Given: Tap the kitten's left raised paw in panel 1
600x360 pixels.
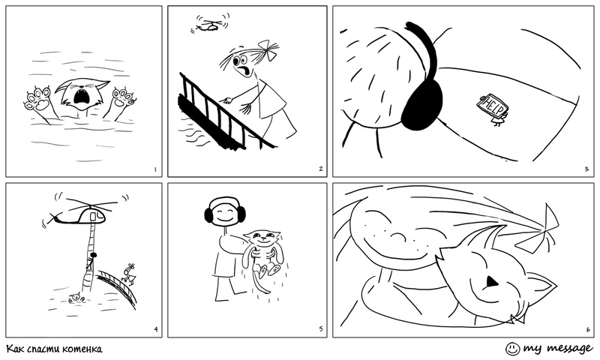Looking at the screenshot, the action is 38,100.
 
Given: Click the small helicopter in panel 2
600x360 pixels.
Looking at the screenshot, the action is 210,24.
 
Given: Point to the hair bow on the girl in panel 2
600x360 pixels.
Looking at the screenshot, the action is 270,49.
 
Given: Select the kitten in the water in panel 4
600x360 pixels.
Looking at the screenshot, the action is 76,298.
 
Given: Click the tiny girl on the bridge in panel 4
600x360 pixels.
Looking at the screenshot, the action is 129,273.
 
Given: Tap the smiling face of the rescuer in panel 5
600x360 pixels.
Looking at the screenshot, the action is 224,214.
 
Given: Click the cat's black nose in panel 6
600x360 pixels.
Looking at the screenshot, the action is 491,282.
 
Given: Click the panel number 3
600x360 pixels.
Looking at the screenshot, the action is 586,169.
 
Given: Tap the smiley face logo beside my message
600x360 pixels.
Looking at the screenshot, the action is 513,349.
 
